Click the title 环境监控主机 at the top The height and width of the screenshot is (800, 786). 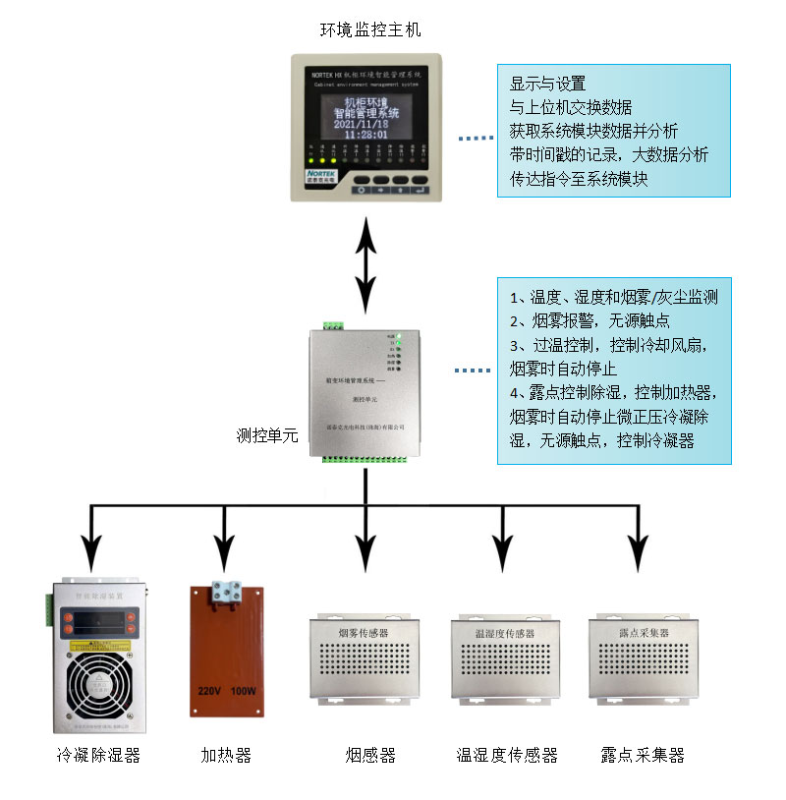pyautogui.click(x=370, y=29)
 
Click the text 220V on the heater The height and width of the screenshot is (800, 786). pyautogui.click(x=211, y=690)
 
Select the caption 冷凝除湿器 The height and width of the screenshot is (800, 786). pyautogui.click(x=98, y=755)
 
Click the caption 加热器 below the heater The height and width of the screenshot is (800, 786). pyautogui.click(x=226, y=755)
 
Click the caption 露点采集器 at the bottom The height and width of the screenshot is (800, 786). pyautogui.click(x=643, y=755)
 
